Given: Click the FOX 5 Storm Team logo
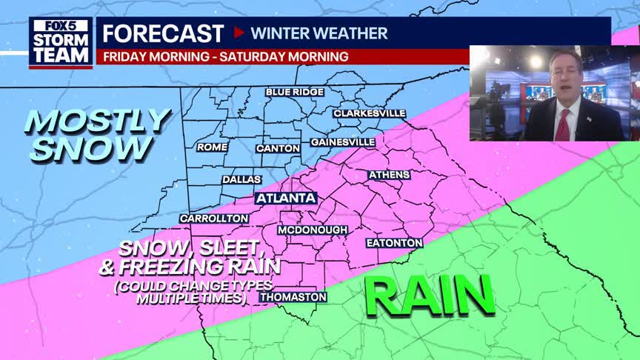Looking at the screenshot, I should point(61,42).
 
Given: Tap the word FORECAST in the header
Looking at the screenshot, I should point(163,33).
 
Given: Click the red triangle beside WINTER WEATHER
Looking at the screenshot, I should point(239,33).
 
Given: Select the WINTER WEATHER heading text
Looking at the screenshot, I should point(319,33).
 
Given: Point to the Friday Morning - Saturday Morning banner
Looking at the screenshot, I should point(226,56).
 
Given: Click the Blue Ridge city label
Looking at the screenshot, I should point(295,92).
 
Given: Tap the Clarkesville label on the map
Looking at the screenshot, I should point(369,113).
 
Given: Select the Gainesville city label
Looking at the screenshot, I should point(342,141).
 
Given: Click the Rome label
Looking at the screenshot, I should point(212,147).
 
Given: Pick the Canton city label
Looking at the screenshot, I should point(278,148).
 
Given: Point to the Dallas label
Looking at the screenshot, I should point(241,179).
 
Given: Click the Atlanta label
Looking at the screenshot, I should point(286,199).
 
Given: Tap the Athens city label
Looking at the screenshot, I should point(389,175).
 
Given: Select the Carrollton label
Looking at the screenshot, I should point(214,219).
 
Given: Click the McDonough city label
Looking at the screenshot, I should point(313,230).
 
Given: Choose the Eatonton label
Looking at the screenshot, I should point(394,243).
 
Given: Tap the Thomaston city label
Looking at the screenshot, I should point(293,297).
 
